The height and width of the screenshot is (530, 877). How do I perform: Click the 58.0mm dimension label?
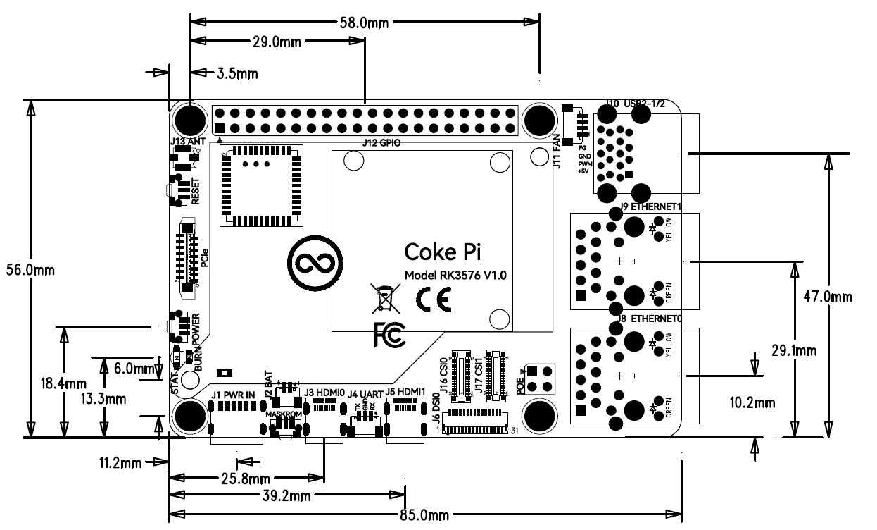tap(364, 23)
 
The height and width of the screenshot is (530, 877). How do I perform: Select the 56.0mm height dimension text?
tap(30, 270)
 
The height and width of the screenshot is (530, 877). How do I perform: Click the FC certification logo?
tap(389, 335)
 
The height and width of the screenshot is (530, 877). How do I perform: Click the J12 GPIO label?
tap(381, 142)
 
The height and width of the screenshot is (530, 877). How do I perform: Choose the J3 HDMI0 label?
tap(324, 393)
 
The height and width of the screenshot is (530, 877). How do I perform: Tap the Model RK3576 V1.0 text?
tap(454, 276)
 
